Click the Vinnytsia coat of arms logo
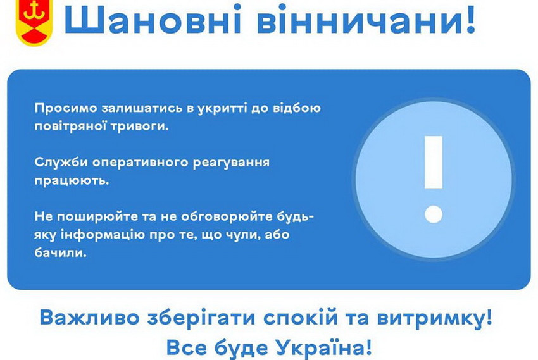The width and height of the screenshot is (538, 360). click(34, 22)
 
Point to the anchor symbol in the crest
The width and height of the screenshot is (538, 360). click(34, 10)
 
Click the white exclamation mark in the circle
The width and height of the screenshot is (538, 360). click(434, 179)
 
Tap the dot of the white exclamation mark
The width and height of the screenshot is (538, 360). click(434, 214)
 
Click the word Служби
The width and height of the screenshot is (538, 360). click(61, 162)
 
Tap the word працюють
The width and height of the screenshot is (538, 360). click(72, 181)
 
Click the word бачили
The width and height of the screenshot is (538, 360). click(60, 252)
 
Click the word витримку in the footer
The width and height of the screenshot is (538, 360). click(430, 318)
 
